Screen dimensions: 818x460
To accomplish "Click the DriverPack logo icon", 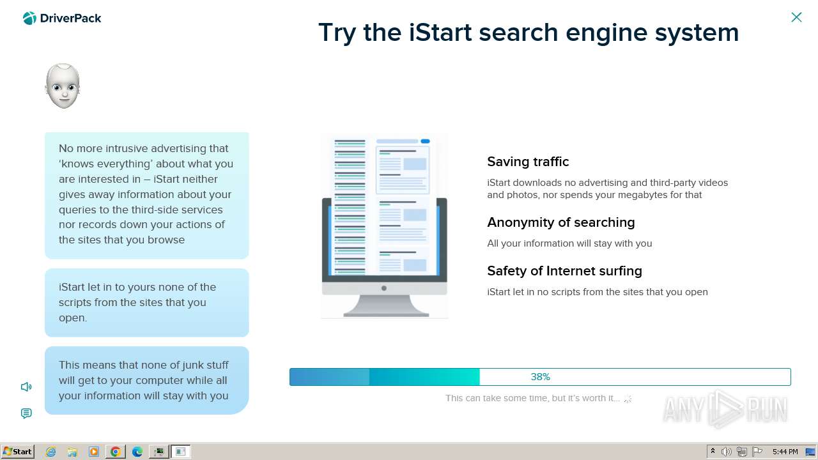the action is pyautogui.click(x=29, y=19).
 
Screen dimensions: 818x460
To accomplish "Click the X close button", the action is pyautogui.click(x=796, y=17).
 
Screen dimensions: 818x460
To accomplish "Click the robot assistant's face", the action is pyautogui.click(x=63, y=86).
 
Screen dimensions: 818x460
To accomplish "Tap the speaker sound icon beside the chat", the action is pyautogui.click(x=26, y=387).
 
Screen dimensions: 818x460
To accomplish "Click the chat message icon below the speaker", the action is pyautogui.click(x=26, y=413).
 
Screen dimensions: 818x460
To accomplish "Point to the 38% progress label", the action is pyautogui.click(x=541, y=377).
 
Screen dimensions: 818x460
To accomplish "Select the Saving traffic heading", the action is pyautogui.click(x=528, y=162).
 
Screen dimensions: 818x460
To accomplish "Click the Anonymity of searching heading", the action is pyautogui.click(x=561, y=222).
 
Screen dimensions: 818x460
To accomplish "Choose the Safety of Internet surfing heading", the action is pyautogui.click(x=564, y=271).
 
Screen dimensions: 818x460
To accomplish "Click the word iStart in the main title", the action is pyautogui.click(x=440, y=33).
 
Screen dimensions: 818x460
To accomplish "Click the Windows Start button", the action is pyautogui.click(x=17, y=452).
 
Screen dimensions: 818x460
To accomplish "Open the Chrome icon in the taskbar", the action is pyautogui.click(x=116, y=452).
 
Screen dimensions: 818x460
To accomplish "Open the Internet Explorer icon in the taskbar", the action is pyautogui.click(x=50, y=452).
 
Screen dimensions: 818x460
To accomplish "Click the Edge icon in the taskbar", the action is pyautogui.click(x=137, y=452).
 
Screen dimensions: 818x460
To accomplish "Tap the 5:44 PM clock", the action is pyautogui.click(x=785, y=452).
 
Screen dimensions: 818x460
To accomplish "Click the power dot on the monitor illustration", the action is pyautogui.click(x=384, y=288).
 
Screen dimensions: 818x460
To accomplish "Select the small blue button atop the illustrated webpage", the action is pyautogui.click(x=426, y=141).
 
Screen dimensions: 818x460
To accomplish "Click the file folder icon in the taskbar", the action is pyautogui.click(x=72, y=452).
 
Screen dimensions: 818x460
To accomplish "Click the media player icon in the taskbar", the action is pyautogui.click(x=94, y=452).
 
